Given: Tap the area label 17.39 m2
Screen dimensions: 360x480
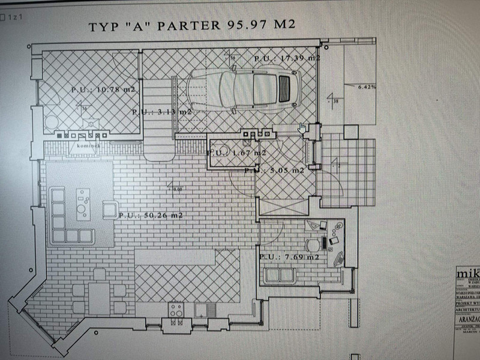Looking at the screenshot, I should tap(287, 58).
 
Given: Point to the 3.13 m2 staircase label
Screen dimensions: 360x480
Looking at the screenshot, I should tap(161, 112).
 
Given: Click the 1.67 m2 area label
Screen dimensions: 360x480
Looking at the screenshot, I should tap(236, 153).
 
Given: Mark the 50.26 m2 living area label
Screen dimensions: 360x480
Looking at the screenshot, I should tap(151, 215).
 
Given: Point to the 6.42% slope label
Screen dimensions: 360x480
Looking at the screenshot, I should tap(367, 87).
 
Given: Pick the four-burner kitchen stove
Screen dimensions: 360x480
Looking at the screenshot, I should tap(176, 310).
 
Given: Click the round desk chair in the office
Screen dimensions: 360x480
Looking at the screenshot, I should tap(312, 245).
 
